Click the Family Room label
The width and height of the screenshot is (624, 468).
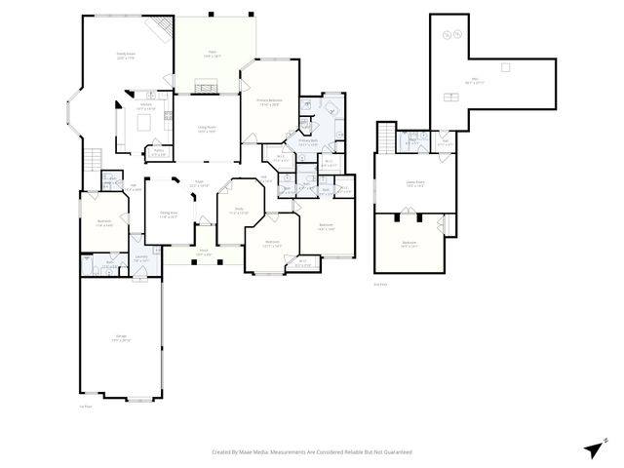pos(125,55)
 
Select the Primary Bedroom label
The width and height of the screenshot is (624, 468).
pos(269,102)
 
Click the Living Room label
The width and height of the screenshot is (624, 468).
pos(207,129)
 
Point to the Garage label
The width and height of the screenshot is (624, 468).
pos(121,337)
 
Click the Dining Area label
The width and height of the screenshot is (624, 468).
pos(169,214)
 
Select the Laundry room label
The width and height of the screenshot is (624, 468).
pos(141,258)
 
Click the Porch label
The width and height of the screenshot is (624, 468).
pos(204,253)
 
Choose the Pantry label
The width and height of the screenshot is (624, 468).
pos(158,152)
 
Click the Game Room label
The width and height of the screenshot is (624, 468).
pos(414,183)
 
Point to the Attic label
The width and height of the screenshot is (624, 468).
pos(475,80)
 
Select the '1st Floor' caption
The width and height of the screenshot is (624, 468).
pos(86,406)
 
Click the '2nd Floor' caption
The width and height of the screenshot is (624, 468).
pos(379,284)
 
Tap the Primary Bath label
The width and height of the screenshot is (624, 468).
pos(309,142)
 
